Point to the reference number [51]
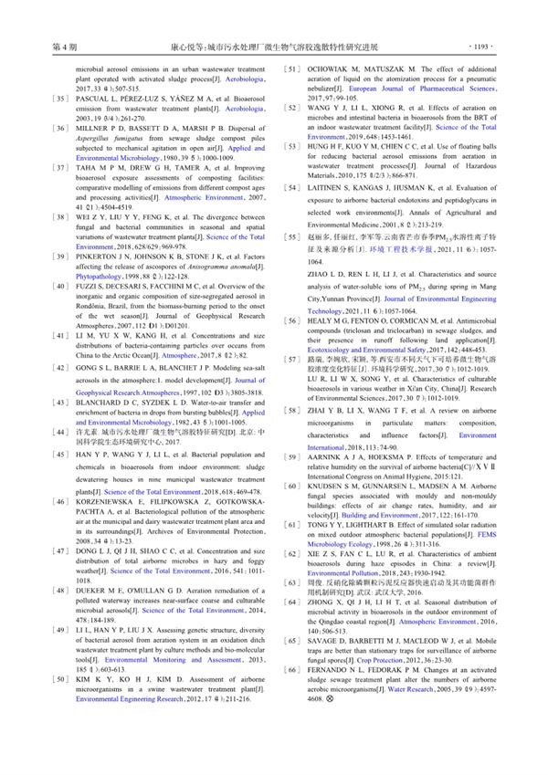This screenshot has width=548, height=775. (x=291, y=69)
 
